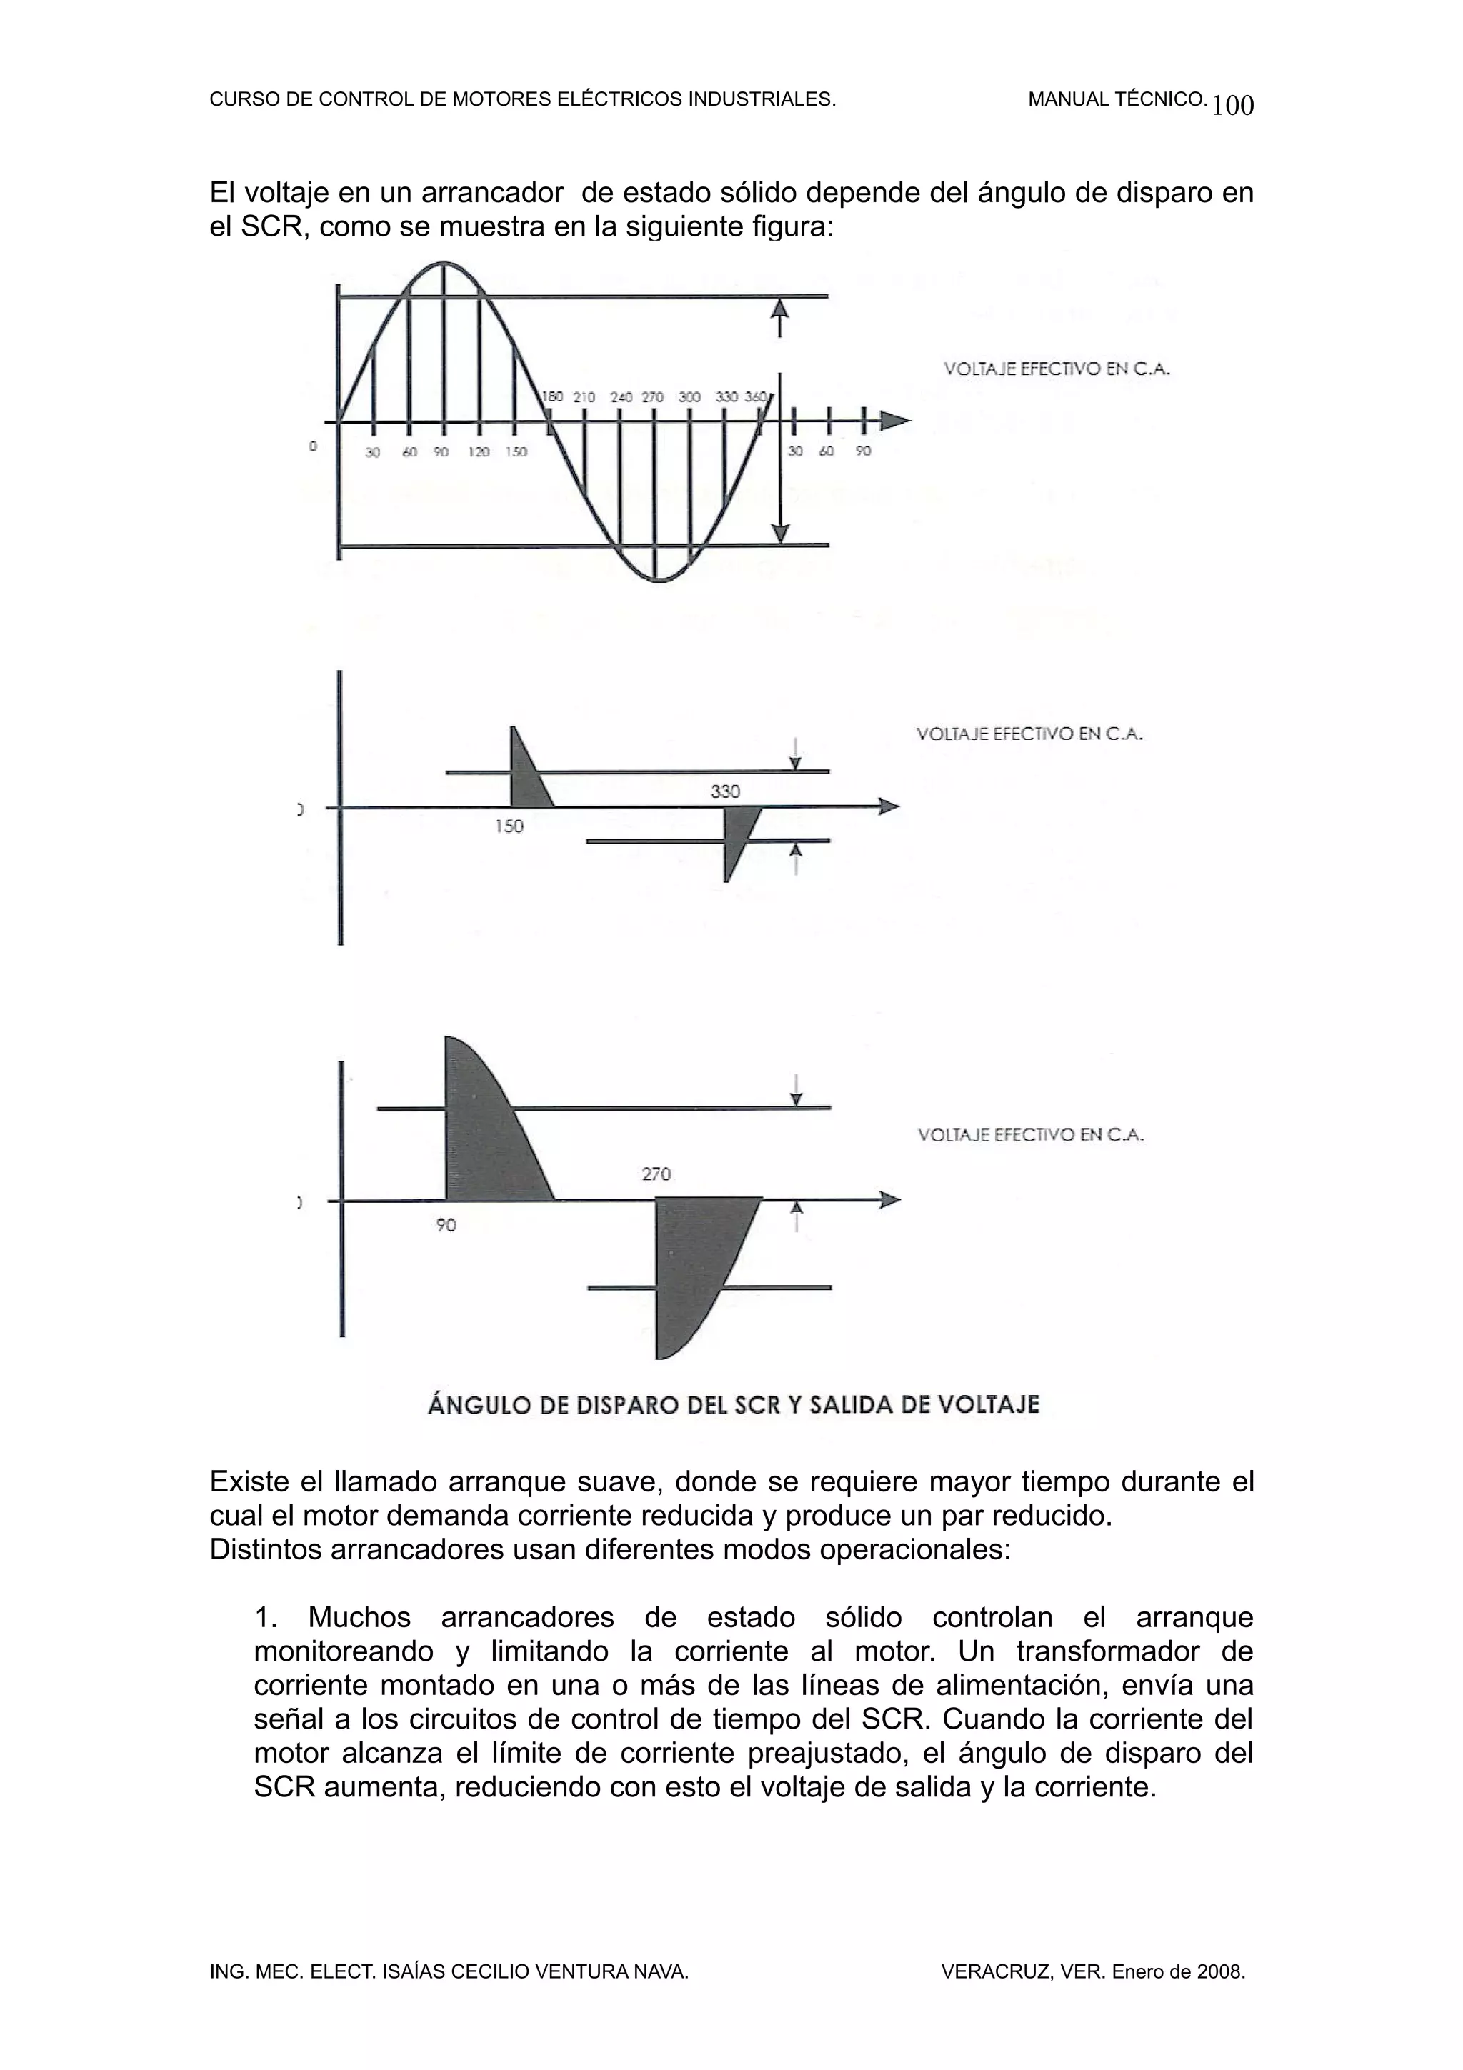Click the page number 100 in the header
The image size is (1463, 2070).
point(1232,106)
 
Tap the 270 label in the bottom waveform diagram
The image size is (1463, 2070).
point(656,1174)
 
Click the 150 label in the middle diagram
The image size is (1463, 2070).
point(509,826)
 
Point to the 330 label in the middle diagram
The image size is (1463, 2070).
point(725,791)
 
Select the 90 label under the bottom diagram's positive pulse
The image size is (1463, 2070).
point(446,1225)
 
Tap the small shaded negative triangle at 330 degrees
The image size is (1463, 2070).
point(737,834)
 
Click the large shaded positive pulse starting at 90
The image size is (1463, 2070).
point(486,1136)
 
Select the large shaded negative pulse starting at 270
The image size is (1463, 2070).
point(694,1262)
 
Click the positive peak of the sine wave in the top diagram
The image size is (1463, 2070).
point(444,264)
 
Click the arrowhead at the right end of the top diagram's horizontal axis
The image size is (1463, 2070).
point(895,420)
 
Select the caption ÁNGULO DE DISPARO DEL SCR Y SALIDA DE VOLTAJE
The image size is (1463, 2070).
point(733,1404)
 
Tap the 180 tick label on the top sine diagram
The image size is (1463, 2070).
point(551,396)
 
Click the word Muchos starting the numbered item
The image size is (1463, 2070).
point(359,1616)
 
